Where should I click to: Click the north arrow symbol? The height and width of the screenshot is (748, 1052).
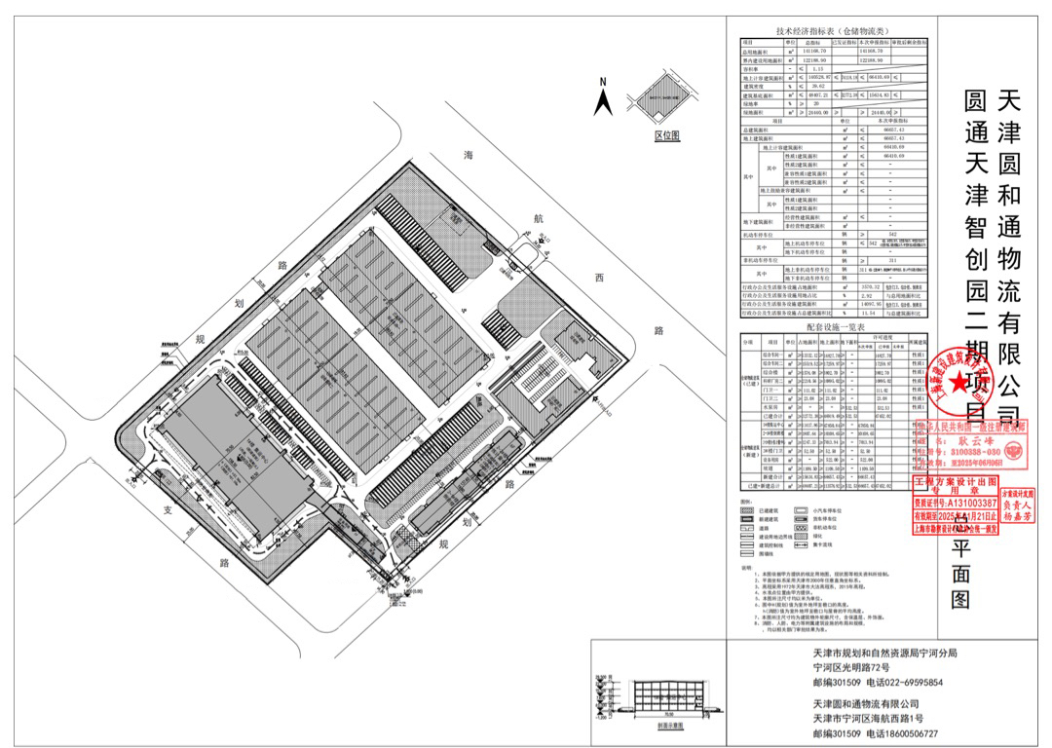click(603, 96)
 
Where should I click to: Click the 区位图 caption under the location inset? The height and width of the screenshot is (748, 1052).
click(666, 135)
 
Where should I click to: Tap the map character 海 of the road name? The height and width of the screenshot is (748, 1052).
click(470, 156)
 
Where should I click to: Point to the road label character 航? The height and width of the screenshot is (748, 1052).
click(538, 219)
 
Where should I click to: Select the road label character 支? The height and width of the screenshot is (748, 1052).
click(168, 509)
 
